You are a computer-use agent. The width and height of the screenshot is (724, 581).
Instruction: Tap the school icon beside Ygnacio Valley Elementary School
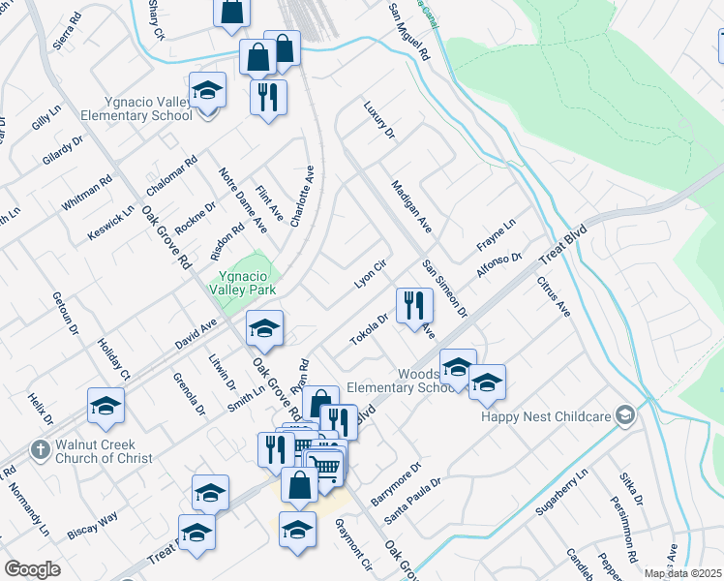(x=207, y=91)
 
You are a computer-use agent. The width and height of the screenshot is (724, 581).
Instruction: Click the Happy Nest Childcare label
(x=548, y=416)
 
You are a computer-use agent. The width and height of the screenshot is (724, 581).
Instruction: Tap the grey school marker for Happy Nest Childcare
(x=626, y=415)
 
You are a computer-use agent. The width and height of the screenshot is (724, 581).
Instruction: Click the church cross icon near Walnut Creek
(x=40, y=449)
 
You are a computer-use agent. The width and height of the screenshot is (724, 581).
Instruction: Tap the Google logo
(x=32, y=569)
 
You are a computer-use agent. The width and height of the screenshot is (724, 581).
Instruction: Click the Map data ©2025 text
(x=681, y=573)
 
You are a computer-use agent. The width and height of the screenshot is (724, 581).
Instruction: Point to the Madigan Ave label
(x=410, y=206)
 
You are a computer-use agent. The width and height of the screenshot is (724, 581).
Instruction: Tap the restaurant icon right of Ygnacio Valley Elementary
(x=267, y=97)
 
